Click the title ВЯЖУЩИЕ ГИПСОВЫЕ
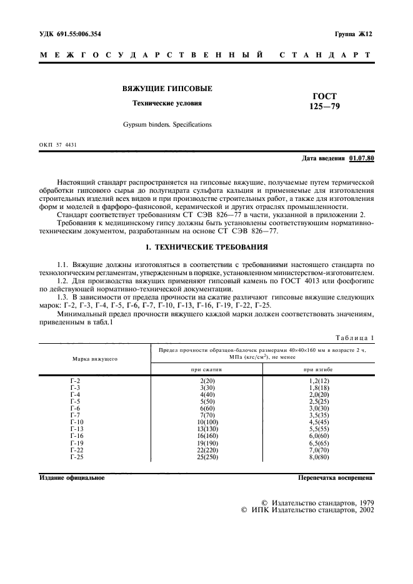(167, 89)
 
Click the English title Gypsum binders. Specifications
(167, 125)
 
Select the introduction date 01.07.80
(362, 158)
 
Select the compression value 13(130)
(207, 429)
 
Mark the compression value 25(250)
(207, 457)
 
